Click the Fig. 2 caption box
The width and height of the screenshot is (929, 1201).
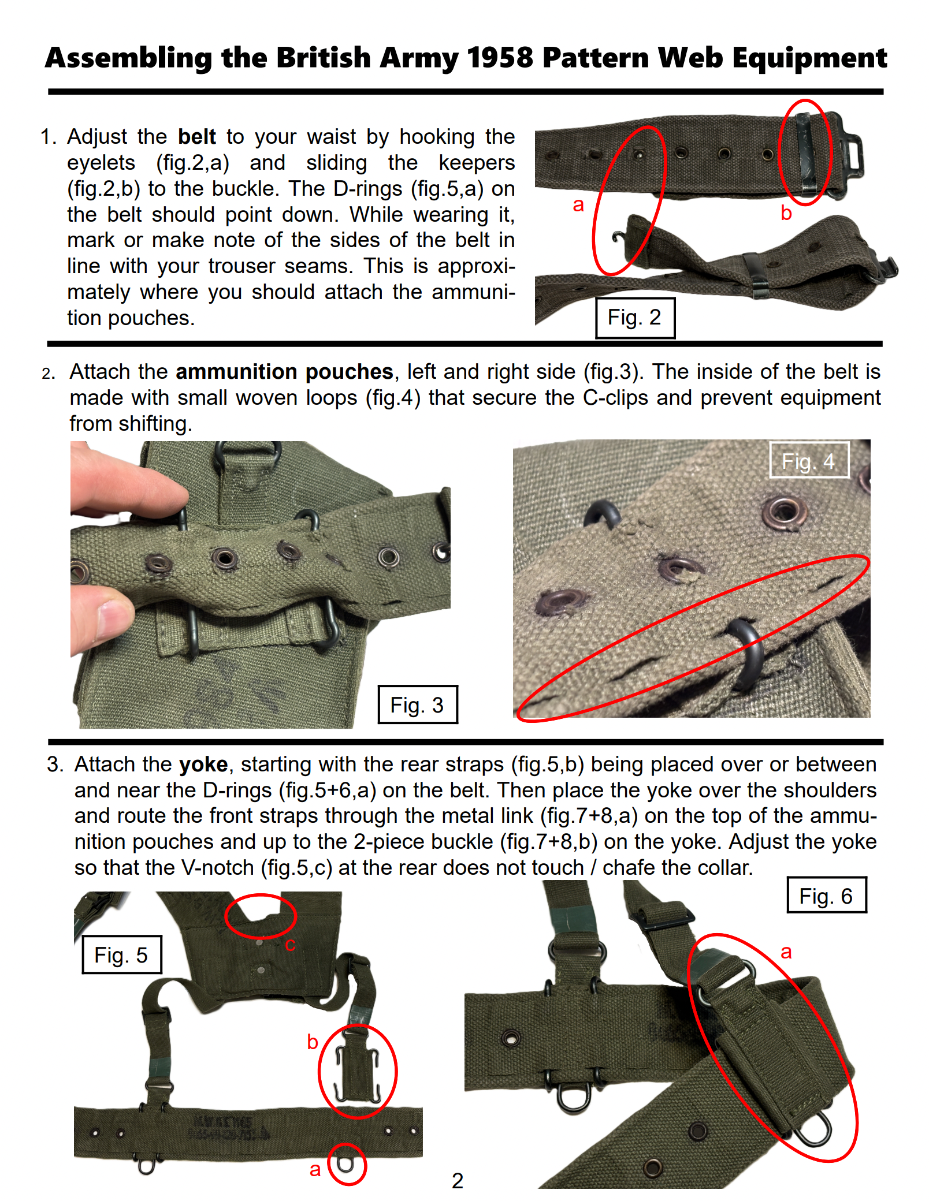pyautogui.click(x=635, y=318)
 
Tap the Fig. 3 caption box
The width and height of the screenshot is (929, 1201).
pyautogui.click(x=417, y=705)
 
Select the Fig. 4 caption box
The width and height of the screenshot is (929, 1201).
pyautogui.click(x=809, y=461)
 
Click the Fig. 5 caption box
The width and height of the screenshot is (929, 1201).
pyautogui.click(x=121, y=955)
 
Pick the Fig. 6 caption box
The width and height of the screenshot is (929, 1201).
pyautogui.click(x=826, y=896)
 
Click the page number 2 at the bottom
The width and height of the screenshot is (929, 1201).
pyautogui.click(x=458, y=1181)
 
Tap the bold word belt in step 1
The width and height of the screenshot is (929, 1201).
pyautogui.click(x=196, y=137)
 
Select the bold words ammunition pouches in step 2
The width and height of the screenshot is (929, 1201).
pyautogui.click(x=284, y=372)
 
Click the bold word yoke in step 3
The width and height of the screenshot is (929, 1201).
pyautogui.click(x=203, y=764)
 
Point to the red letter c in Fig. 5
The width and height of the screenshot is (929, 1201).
pyautogui.click(x=290, y=945)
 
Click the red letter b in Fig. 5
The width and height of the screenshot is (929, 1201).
pyautogui.click(x=313, y=1042)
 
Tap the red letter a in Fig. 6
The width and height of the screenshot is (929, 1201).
pyautogui.click(x=786, y=952)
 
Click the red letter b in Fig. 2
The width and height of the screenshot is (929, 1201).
pyautogui.click(x=786, y=213)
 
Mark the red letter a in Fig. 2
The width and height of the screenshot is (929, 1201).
pyautogui.click(x=578, y=204)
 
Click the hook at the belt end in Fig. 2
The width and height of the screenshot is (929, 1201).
pyautogui.click(x=619, y=237)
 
